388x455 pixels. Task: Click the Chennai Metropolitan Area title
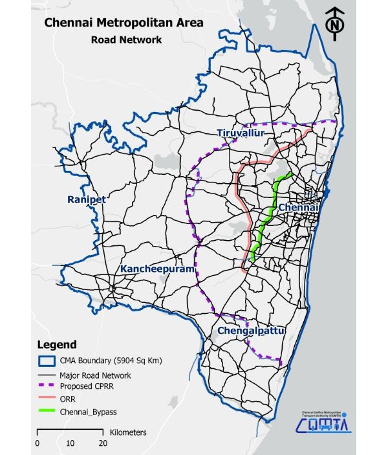tap(123, 23)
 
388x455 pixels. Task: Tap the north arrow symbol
tap(334, 23)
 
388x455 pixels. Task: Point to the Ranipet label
tap(86, 200)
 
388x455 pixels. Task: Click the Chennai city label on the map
tap(299, 207)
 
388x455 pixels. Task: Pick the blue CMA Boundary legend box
tap(46, 361)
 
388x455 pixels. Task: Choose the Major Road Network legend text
tap(95, 375)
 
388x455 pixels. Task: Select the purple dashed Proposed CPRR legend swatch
tap(46, 387)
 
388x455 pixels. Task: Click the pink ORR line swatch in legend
tap(46, 399)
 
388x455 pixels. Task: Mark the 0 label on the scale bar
tap(38, 443)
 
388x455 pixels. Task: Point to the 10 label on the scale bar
tap(70, 443)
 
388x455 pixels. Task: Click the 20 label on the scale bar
tap(102, 443)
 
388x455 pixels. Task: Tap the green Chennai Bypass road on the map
tap(266, 220)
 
